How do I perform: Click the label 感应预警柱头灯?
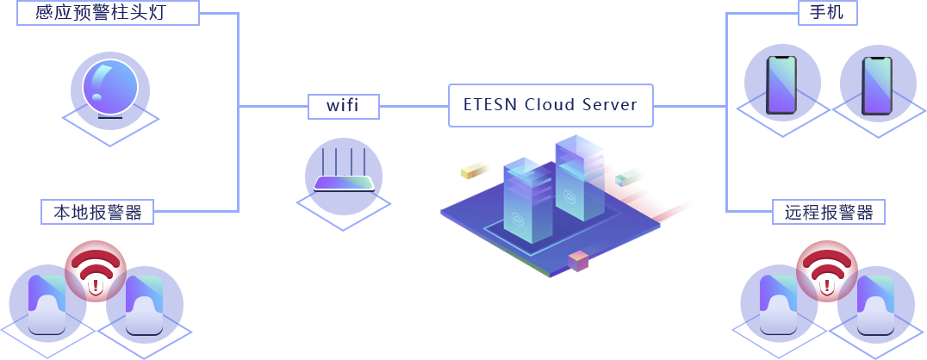click(x=109, y=13)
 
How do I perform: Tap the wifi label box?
click(x=344, y=107)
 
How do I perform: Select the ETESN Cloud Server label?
click(x=551, y=105)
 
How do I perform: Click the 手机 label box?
click(x=828, y=13)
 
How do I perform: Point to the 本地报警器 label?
click(x=97, y=212)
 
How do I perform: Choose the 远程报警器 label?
click(x=828, y=212)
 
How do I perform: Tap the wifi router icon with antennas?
click(x=344, y=171)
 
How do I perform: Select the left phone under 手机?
click(x=781, y=85)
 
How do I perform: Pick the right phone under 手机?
click(x=877, y=86)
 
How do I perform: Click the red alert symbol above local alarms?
click(x=95, y=270)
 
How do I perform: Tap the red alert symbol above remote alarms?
click(x=826, y=270)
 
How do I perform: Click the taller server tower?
click(x=579, y=177)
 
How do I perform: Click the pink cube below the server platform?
click(x=578, y=261)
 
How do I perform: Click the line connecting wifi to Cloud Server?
click(x=414, y=107)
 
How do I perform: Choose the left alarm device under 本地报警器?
click(x=47, y=305)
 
